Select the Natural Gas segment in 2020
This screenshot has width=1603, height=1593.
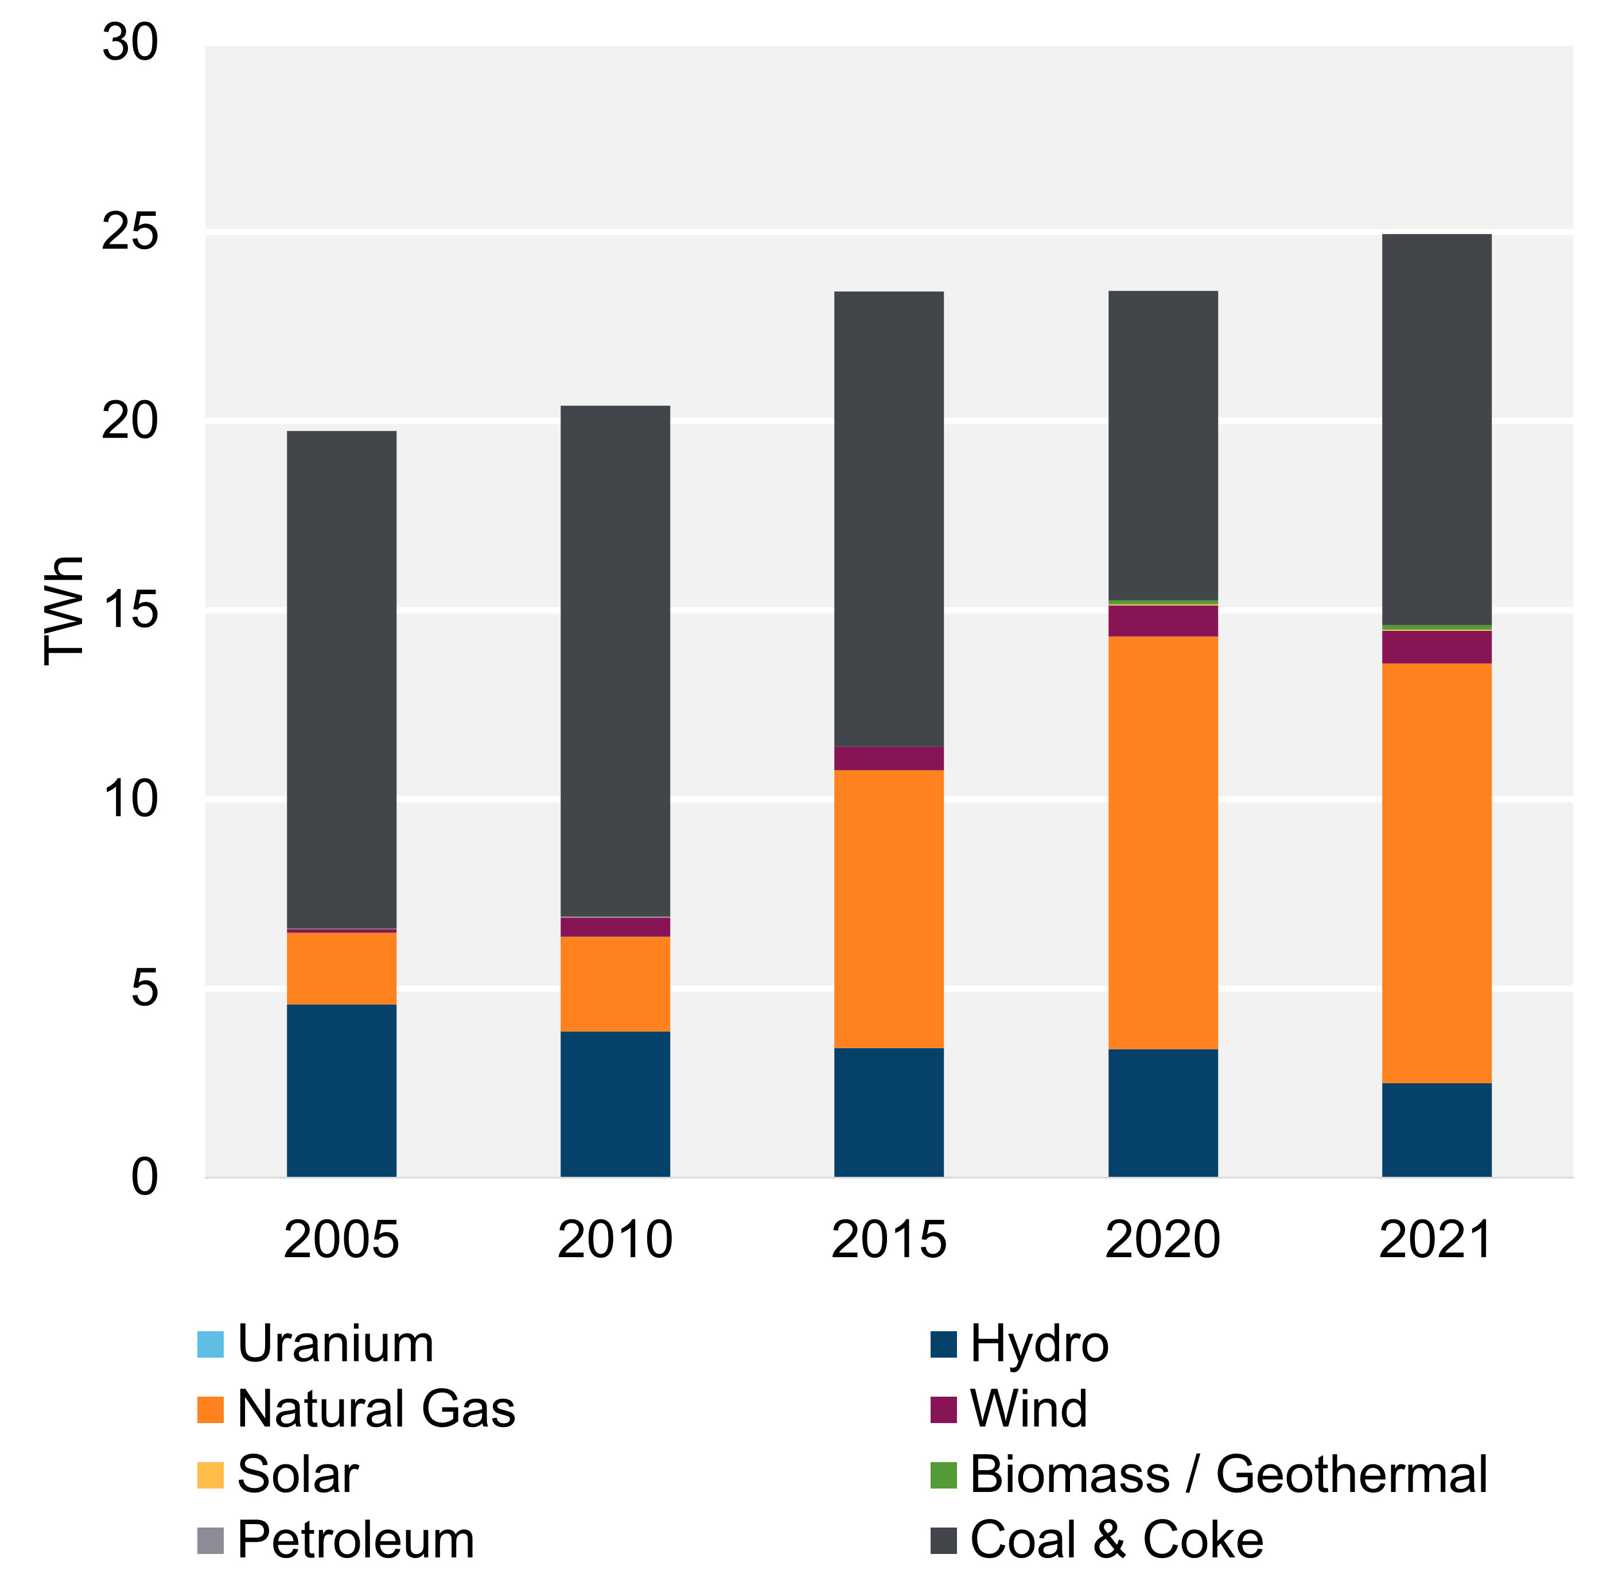click(1162, 843)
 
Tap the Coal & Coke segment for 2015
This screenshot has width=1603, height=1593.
click(889, 519)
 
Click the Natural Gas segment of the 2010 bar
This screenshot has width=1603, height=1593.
click(615, 984)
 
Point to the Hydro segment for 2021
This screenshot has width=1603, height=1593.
click(1436, 1130)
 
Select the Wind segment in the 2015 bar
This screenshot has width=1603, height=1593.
click(889, 758)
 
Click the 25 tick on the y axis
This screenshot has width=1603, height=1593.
click(130, 231)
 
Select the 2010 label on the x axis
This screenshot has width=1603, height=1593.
click(615, 1240)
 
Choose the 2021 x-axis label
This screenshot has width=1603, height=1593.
click(1435, 1240)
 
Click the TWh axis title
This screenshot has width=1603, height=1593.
click(64, 610)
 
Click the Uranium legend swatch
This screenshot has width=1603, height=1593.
click(211, 1344)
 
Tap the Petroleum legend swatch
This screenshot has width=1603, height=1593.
click(211, 1540)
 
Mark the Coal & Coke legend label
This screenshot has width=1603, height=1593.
click(1116, 1540)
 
